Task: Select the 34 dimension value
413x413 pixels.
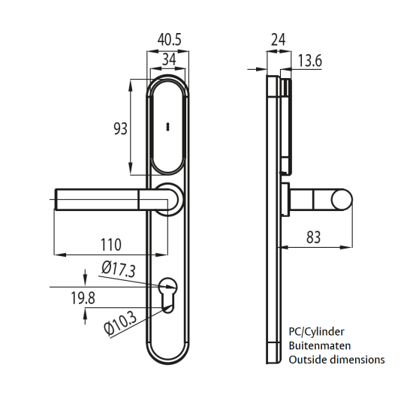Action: point(169,59)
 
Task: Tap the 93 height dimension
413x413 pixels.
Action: point(120,128)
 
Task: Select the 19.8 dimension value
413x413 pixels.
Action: point(83,299)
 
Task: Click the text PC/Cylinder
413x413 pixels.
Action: point(318,331)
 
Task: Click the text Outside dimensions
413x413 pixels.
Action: point(336,360)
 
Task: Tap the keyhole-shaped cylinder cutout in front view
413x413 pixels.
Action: point(168,294)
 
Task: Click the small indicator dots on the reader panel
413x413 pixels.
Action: point(168,125)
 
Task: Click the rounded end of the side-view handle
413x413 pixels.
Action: point(342,200)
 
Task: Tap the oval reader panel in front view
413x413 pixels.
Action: point(168,128)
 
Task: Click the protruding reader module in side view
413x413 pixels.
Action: point(286,120)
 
